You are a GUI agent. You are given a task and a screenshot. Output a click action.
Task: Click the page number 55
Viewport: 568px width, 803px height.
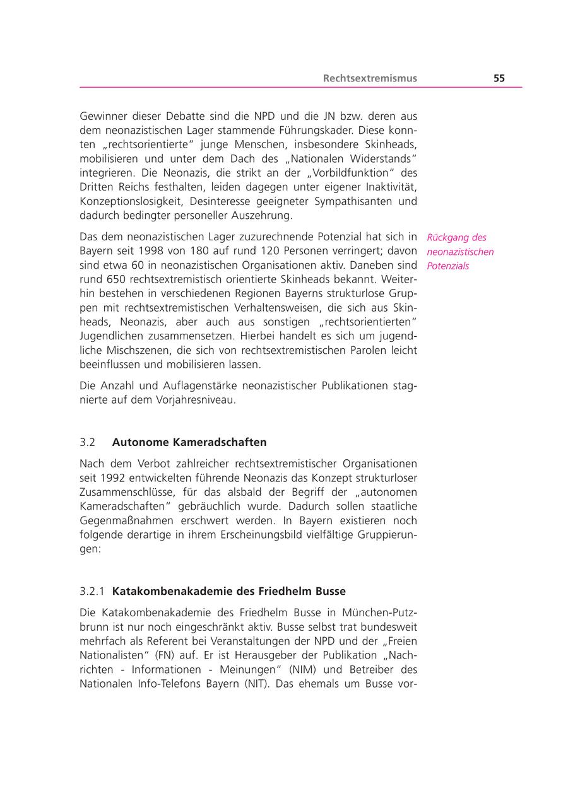point(499,79)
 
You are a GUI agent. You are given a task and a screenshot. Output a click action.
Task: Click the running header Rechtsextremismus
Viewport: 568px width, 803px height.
point(370,79)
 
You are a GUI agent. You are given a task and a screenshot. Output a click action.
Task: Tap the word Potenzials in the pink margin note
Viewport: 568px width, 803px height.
point(447,266)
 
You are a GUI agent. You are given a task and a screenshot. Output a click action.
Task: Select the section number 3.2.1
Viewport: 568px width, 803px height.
point(92,592)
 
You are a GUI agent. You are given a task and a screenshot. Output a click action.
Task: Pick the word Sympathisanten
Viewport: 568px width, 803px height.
point(353,201)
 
